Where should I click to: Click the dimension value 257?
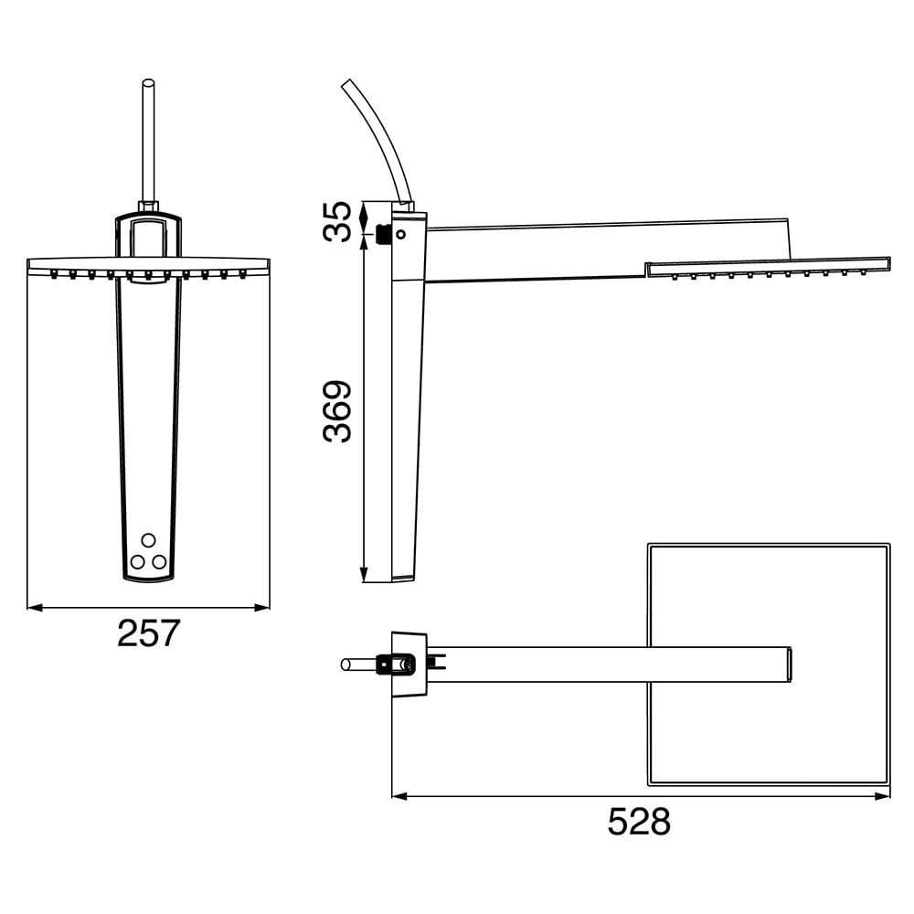point(149,633)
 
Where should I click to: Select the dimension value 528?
point(639,822)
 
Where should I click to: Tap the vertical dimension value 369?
point(337,411)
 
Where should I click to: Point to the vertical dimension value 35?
point(337,221)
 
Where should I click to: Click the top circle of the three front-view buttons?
point(149,540)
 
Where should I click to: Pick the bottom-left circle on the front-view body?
point(138,562)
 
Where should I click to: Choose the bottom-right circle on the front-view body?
point(159,562)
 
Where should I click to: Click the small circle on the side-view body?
point(400,234)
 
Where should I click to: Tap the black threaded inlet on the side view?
point(385,234)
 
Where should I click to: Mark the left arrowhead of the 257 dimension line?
point(35,608)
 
